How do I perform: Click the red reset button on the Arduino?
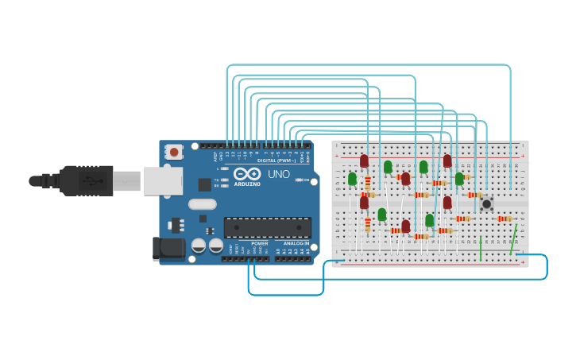173,150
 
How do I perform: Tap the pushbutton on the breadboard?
486,204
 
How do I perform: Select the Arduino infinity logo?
247,174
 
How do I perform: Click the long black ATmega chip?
267,228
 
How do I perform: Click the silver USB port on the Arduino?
163,180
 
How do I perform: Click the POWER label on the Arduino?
259,243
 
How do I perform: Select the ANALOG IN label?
296,243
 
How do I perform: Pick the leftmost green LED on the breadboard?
352,180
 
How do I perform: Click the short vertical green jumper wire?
481,248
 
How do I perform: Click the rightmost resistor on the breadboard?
504,219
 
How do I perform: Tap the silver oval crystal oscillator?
203,204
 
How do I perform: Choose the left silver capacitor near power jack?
199,246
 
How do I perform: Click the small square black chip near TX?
204,184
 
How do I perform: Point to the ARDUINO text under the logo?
247,184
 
